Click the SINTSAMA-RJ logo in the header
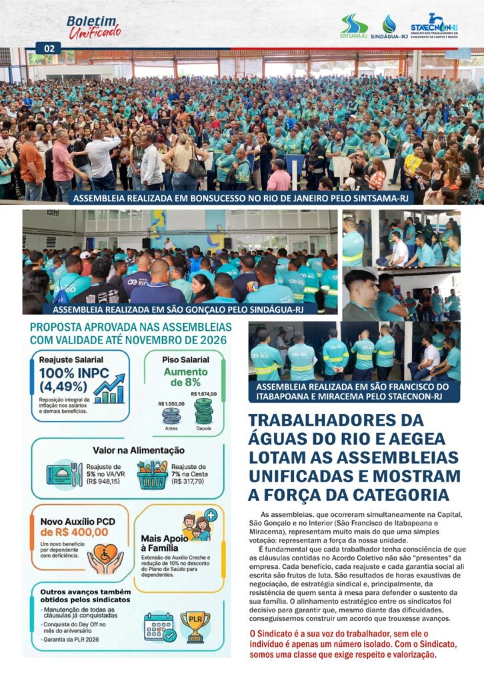(x=354, y=27)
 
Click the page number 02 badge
(x=49, y=48)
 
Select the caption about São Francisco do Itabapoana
(x=354, y=392)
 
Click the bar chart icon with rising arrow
(x=109, y=389)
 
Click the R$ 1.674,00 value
(x=203, y=394)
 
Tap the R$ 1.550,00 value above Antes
(x=171, y=404)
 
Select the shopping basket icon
(x=153, y=475)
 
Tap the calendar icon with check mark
(x=160, y=627)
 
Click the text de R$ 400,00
(x=74, y=532)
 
